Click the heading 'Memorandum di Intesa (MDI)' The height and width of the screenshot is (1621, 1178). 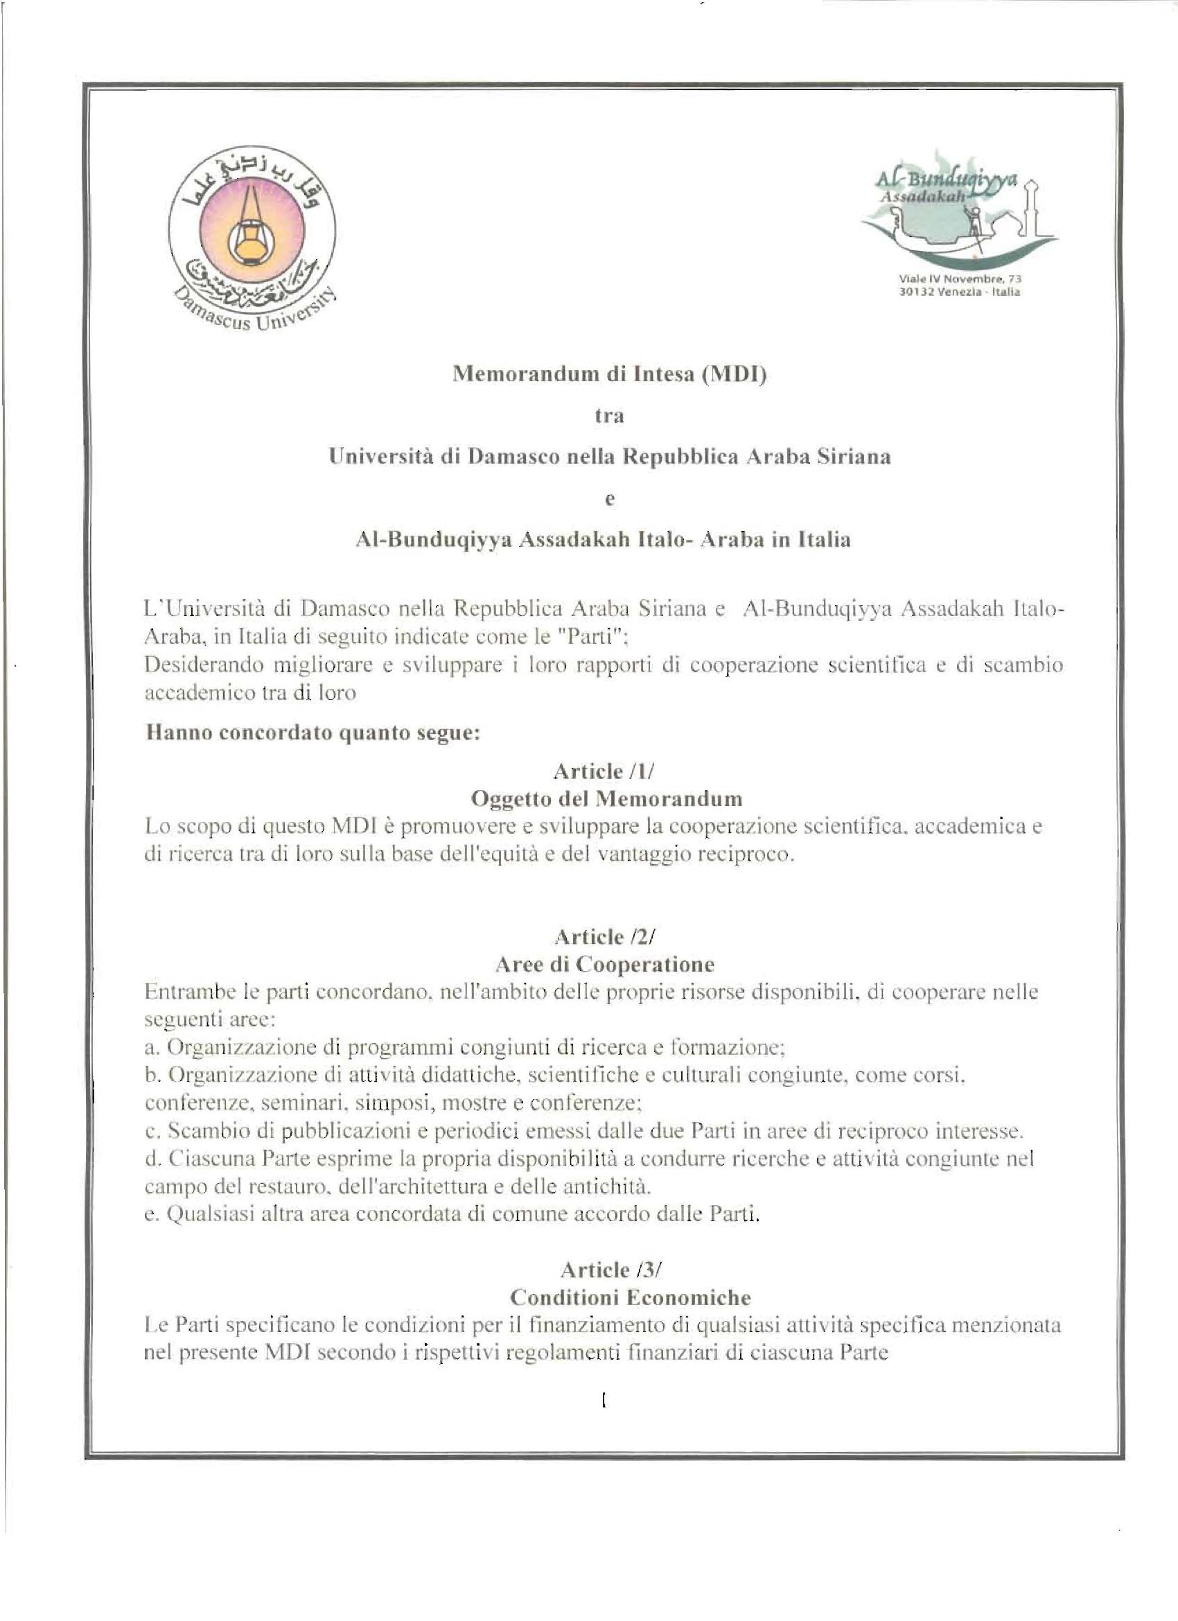(609, 375)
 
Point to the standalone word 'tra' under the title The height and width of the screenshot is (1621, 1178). (609, 417)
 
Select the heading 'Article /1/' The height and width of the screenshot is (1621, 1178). (609, 771)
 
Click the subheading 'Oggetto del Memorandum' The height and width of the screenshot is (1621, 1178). (609, 798)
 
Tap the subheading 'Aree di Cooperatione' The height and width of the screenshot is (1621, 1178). (605, 964)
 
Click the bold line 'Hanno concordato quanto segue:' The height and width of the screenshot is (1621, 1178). (312, 733)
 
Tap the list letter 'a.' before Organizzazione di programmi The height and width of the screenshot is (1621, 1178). (151, 1048)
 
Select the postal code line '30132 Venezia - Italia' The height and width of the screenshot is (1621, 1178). (959, 292)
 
